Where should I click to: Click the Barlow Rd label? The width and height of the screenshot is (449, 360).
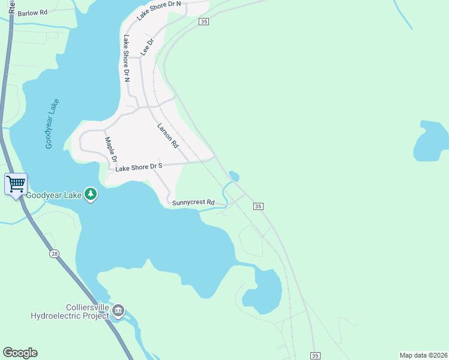[32, 13]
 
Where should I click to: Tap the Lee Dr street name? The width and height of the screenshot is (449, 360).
[148, 47]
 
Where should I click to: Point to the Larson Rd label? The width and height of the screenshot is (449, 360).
[168, 136]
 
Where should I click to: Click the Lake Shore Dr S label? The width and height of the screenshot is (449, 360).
[139, 168]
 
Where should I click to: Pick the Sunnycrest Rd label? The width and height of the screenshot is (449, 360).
[193, 203]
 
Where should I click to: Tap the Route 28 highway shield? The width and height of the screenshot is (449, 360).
[55, 254]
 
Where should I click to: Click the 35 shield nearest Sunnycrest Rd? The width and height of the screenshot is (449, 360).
[258, 206]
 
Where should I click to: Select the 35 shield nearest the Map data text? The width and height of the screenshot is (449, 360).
[315, 356]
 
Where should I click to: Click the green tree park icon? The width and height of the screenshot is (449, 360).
[90, 194]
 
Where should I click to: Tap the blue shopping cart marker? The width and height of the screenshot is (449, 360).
[15, 183]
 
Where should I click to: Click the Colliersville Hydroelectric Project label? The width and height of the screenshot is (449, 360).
[71, 311]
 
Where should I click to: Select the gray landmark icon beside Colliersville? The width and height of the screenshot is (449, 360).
[118, 310]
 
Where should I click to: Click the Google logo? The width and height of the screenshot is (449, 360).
[20, 353]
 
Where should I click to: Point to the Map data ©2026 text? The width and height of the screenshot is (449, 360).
[423, 355]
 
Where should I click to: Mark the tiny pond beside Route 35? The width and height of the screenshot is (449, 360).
[234, 176]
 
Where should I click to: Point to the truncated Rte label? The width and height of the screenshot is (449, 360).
[11, 7]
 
